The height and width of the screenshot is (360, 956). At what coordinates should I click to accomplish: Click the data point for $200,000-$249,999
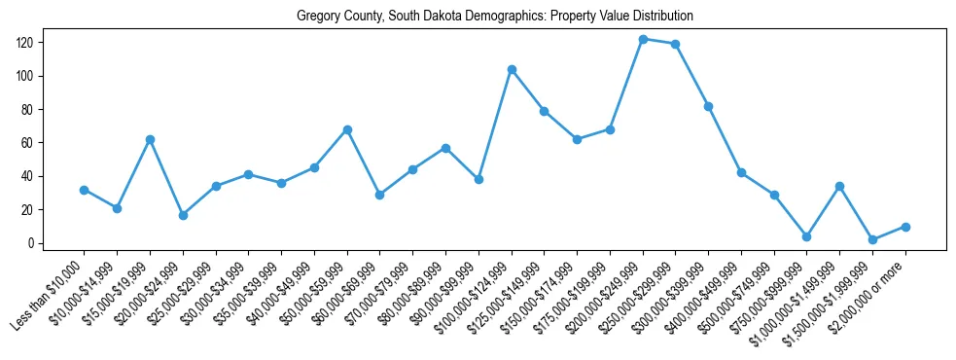pos(643,39)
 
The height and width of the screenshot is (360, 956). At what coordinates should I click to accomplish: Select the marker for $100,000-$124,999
pos(512,69)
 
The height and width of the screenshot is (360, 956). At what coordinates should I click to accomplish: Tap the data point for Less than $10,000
pos(85,190)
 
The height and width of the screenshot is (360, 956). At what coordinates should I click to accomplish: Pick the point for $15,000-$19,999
pos(150,139)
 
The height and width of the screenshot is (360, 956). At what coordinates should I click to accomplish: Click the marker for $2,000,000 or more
pos(905,227)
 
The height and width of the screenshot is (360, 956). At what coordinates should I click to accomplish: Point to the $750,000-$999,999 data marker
pos(807,236)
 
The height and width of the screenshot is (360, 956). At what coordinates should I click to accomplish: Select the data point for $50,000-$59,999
pos(347,129)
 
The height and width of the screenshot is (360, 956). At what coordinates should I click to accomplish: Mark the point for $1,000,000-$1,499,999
pos(840,186)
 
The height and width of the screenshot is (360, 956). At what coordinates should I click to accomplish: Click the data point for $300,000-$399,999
pos(709,106)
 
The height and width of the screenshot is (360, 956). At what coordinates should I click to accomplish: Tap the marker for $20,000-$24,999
pos(183,215)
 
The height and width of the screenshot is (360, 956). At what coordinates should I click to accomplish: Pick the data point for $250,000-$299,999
pos(676,44)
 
